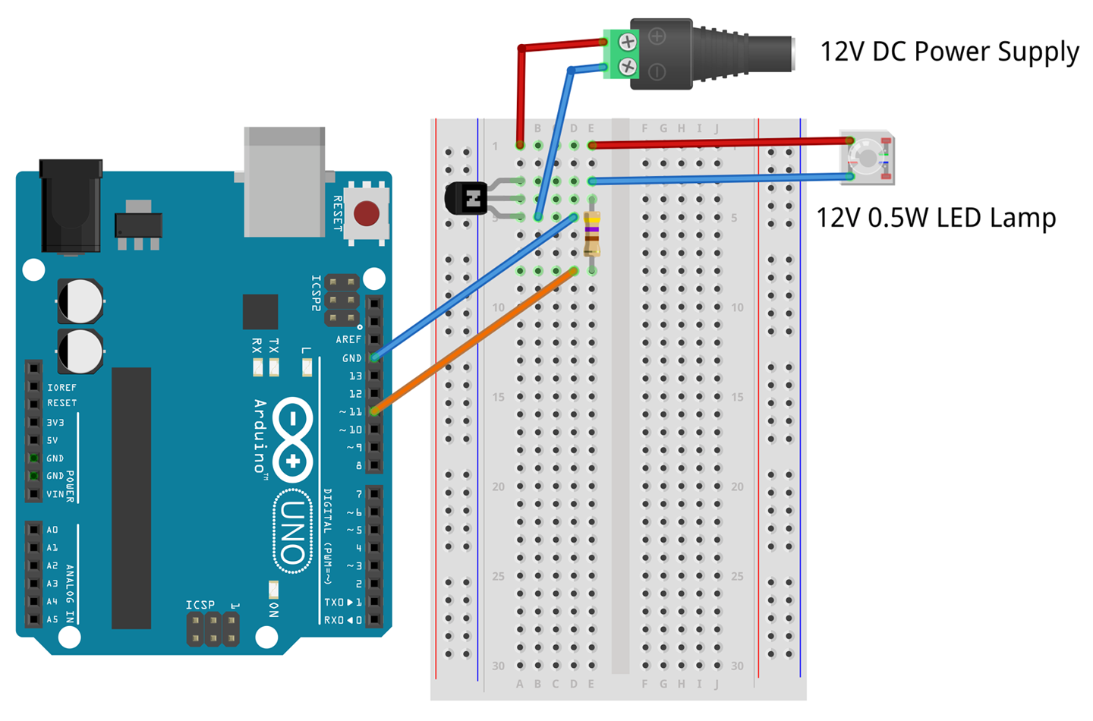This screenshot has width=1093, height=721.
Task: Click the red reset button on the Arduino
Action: [x=367, y=213]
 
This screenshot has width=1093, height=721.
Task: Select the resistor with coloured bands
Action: [x=592, y=234]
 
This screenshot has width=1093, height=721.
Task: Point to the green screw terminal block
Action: [x=620, y=54]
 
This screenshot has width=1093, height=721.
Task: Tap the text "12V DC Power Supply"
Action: [x=949, y=52]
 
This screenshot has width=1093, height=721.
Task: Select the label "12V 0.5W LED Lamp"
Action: [x=935, y=219]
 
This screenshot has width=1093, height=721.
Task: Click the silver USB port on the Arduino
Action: [x=285, y=182]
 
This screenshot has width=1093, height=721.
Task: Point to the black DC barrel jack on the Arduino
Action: [x=71, y=205]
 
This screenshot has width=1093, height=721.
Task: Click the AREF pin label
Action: [x=348, y=339]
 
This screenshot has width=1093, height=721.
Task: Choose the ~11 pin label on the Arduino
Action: [x=351, y=411]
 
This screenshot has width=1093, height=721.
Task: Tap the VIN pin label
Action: [x=55, y=494]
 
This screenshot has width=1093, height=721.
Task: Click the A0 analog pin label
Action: [x=52, y=530]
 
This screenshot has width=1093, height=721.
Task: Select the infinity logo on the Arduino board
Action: [x=293, y=440]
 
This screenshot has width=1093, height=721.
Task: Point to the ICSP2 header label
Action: [x=317, y=293]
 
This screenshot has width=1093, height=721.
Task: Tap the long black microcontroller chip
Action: [x=131, y=498]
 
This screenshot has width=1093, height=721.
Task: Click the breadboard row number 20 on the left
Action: [x=498, y=486]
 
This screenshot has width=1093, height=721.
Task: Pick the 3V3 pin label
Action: [x=55, y=422]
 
